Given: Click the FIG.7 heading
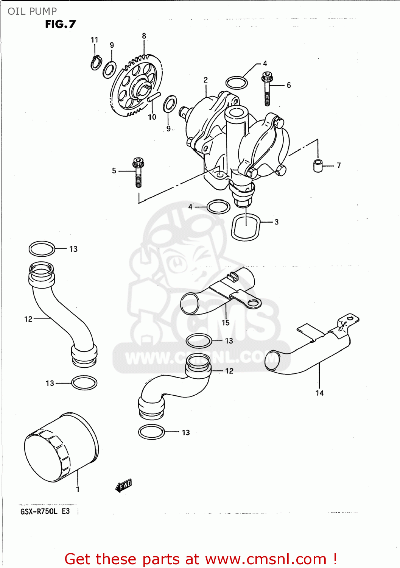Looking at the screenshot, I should [x=61, y=24].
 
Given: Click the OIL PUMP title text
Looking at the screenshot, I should [x=32, y=11].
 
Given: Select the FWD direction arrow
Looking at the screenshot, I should [x=124, y=485].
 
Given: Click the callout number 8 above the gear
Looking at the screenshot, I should [x=144, y=36].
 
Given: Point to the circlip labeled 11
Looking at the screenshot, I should [x=96, y=63].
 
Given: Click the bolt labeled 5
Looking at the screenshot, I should [x=138, y=172].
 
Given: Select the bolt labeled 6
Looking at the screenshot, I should [x=267, y=89].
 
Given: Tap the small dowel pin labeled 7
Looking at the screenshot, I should [x=318, y=166].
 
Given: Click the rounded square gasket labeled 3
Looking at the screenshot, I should [x=246, y=227].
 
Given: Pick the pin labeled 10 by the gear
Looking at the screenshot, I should [x=154, y=97].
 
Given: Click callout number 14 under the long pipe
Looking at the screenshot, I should [x=320, y=393].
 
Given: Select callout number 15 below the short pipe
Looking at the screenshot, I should [x=226, y=323].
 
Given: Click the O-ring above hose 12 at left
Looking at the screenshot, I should [x=42, y=249].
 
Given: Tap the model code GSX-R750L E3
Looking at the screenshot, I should [x=45, y=512].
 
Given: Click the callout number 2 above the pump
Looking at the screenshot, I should [x=205, y=80].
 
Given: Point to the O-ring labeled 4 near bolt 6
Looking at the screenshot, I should [x=237, y=83].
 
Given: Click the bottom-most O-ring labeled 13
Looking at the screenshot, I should [x=151, y=432].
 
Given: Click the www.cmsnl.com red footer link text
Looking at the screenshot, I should [x=266, y=559].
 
